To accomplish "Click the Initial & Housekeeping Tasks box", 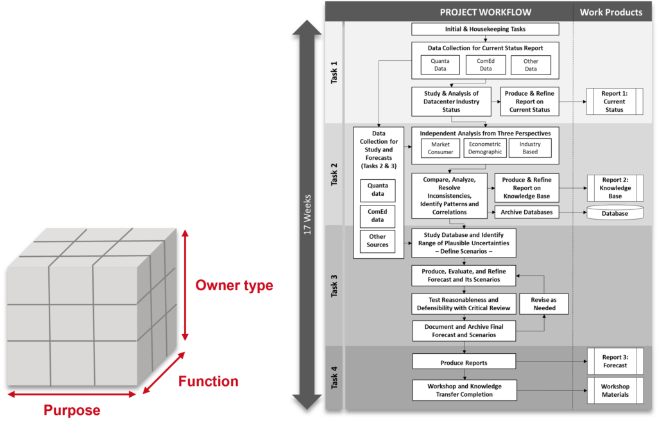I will pos(485,29).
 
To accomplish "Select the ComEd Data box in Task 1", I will pos(485,65).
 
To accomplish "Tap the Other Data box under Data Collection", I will pos(531,65).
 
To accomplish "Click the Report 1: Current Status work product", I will pos(614,101).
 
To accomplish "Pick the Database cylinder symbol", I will pos(615,213).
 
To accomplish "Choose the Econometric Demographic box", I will pos(485,148).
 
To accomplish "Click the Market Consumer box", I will pos(440,148).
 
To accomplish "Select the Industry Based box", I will pos(530,148).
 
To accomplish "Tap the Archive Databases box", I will pos(526,212).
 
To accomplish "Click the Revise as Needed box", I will pos(544,304).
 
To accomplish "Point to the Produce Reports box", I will pos(463,363).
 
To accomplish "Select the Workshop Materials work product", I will pos(615,390).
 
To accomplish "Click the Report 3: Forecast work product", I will pos(615,362).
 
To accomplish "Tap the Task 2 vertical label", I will pos(334,175).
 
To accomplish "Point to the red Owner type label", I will pos(234,286).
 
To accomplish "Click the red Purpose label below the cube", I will pos(72,410).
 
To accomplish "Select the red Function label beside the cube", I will pos(209,381).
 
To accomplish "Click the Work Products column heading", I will pos(611,12).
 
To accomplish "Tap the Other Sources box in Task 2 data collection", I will pos(377,241).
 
